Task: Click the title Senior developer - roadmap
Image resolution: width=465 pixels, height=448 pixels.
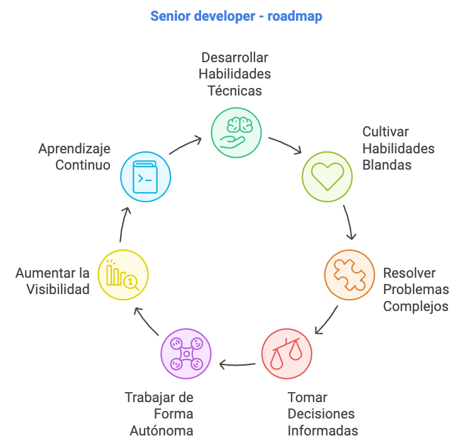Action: (x=236, y=16)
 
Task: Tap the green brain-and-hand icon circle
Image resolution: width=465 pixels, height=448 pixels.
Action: (x=235, y=131)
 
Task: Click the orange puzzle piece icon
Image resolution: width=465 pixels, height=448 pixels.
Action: (x=349, y=274)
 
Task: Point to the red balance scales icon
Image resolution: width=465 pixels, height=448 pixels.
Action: (x=286, y=353)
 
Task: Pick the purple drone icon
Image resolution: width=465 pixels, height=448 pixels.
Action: (x=187, y=352)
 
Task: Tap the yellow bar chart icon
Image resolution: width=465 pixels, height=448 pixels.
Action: (x=123, y=274)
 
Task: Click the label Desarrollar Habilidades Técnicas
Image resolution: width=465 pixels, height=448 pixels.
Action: (x=235, y=74)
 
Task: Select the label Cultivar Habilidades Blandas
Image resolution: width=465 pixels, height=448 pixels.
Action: (x=398, y=148)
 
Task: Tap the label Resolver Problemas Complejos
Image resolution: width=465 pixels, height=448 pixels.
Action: (x=416, y=290)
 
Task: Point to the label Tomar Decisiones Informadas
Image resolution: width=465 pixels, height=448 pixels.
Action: (x=322, y=413)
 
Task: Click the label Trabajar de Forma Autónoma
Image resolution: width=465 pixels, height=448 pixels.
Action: (x=159, y=413)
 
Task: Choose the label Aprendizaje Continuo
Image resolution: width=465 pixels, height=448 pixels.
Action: (x=74, y=157)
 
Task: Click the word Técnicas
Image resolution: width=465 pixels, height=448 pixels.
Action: (x=235, y=90)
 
